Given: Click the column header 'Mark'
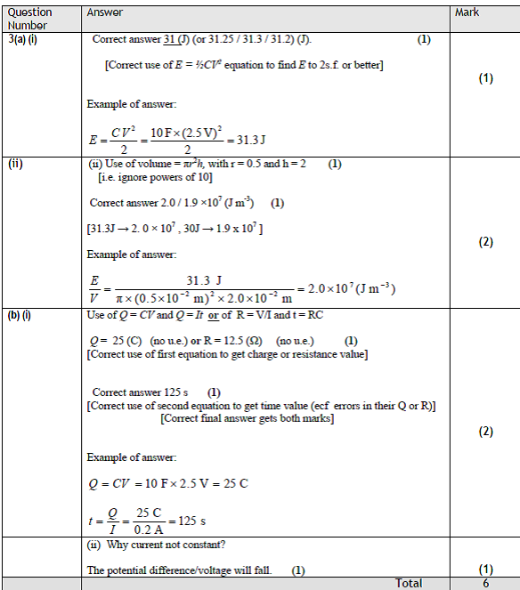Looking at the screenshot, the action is point(467,12).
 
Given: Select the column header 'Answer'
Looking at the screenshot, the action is point(105,12).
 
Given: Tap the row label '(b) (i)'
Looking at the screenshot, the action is point(20,315).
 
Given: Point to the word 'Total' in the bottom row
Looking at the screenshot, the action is point(409,583).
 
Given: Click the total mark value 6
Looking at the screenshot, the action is point(485,583).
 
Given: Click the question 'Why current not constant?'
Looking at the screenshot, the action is point(166,544).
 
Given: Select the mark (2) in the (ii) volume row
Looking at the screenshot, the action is point(485,242).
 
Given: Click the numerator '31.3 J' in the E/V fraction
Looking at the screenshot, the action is point(203,280).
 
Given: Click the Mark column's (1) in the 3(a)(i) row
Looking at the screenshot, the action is point(485,78).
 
